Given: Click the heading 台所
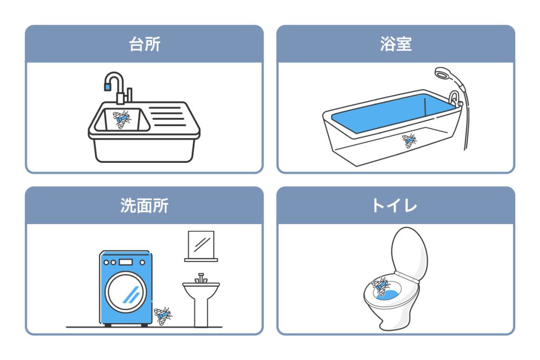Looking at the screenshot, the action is click(x=144, y=44).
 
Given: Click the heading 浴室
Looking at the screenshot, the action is click(x=396, y=44).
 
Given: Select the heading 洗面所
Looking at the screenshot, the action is click(x=144, y=206).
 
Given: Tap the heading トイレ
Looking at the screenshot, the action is click(x=394, y=206).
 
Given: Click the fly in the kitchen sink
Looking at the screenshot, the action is click(x=122, y=119).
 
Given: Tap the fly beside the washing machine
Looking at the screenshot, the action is click(x=163, y=316).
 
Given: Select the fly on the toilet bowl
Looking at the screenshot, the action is click(x=381, y=286).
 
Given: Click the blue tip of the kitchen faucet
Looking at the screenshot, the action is click(x=108, y=87).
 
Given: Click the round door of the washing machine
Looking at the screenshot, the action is click(x=126, y=292).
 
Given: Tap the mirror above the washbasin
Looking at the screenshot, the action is click(x=201, y=245).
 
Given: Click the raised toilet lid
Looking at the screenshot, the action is click(x=409, y=253).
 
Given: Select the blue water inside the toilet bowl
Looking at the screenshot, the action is click(x=388, y=294).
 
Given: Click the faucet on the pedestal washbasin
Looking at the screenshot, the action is click(x=201, y=278).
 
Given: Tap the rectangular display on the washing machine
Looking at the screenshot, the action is click(x=126, y=262).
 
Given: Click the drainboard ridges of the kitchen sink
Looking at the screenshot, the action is click(x=167, y=116).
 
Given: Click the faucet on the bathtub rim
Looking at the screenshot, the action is click(x=455, y=99).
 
